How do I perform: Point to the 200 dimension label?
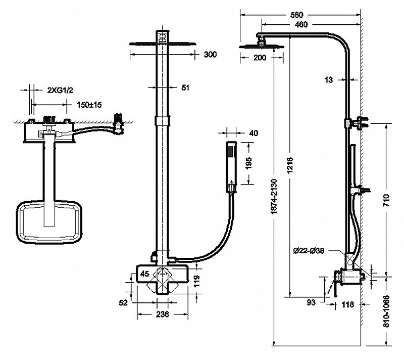click(x=259, y=58)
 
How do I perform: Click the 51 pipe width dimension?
click(x=185, y=87)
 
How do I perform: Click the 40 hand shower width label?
click(x=254, y=133)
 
